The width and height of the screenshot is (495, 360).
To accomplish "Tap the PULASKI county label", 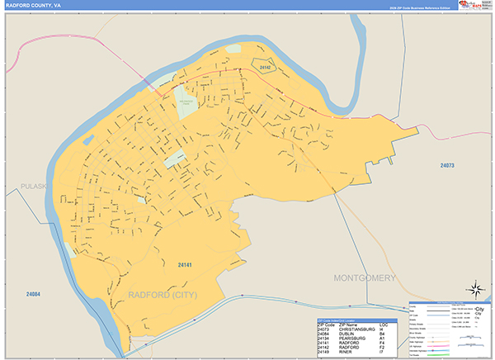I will [38, 187].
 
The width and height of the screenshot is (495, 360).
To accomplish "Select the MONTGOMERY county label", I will [365, 278].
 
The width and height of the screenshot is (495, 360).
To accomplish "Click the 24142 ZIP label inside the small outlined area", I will [265, 67].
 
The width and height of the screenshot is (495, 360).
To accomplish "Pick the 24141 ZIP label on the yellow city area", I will [184, 264].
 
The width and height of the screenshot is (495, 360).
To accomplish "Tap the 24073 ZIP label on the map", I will [447, 166].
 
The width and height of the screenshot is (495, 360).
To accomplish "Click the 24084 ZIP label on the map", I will [33, 294].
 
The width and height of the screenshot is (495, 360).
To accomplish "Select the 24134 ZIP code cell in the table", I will [325, 339].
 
